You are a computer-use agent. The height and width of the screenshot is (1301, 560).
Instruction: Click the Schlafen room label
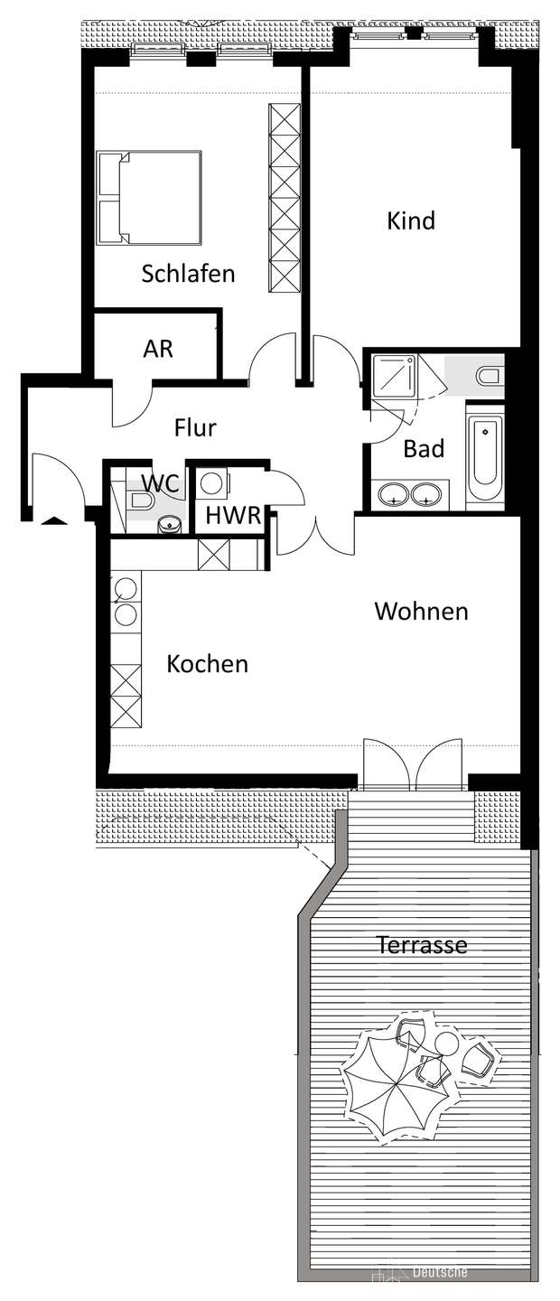pos(188,274)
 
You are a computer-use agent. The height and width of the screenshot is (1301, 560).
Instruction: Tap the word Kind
pos(411,220)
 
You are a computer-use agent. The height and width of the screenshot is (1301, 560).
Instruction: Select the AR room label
pos(158,349)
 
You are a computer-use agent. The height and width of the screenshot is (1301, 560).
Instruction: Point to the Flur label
pos(195,427)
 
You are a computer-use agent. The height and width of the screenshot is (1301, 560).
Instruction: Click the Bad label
pos(425,448)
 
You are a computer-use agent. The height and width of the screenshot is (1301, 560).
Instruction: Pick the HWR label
pos(234,516)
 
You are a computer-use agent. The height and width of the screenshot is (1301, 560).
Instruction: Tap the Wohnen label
pos(421,611)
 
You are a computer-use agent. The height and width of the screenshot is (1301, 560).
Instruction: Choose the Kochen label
pos(208,663)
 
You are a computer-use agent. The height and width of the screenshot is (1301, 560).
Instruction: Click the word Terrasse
pos(422,945)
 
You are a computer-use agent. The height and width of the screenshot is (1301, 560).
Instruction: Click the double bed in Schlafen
pos(149,198)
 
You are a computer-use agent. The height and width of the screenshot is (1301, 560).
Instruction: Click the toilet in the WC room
pos(141,501)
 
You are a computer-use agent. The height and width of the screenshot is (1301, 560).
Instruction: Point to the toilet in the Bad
pos(488,377)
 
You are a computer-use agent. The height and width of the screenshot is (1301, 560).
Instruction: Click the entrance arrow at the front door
pos(53,520)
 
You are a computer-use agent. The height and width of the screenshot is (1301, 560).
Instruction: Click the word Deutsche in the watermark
pos(440,1288)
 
